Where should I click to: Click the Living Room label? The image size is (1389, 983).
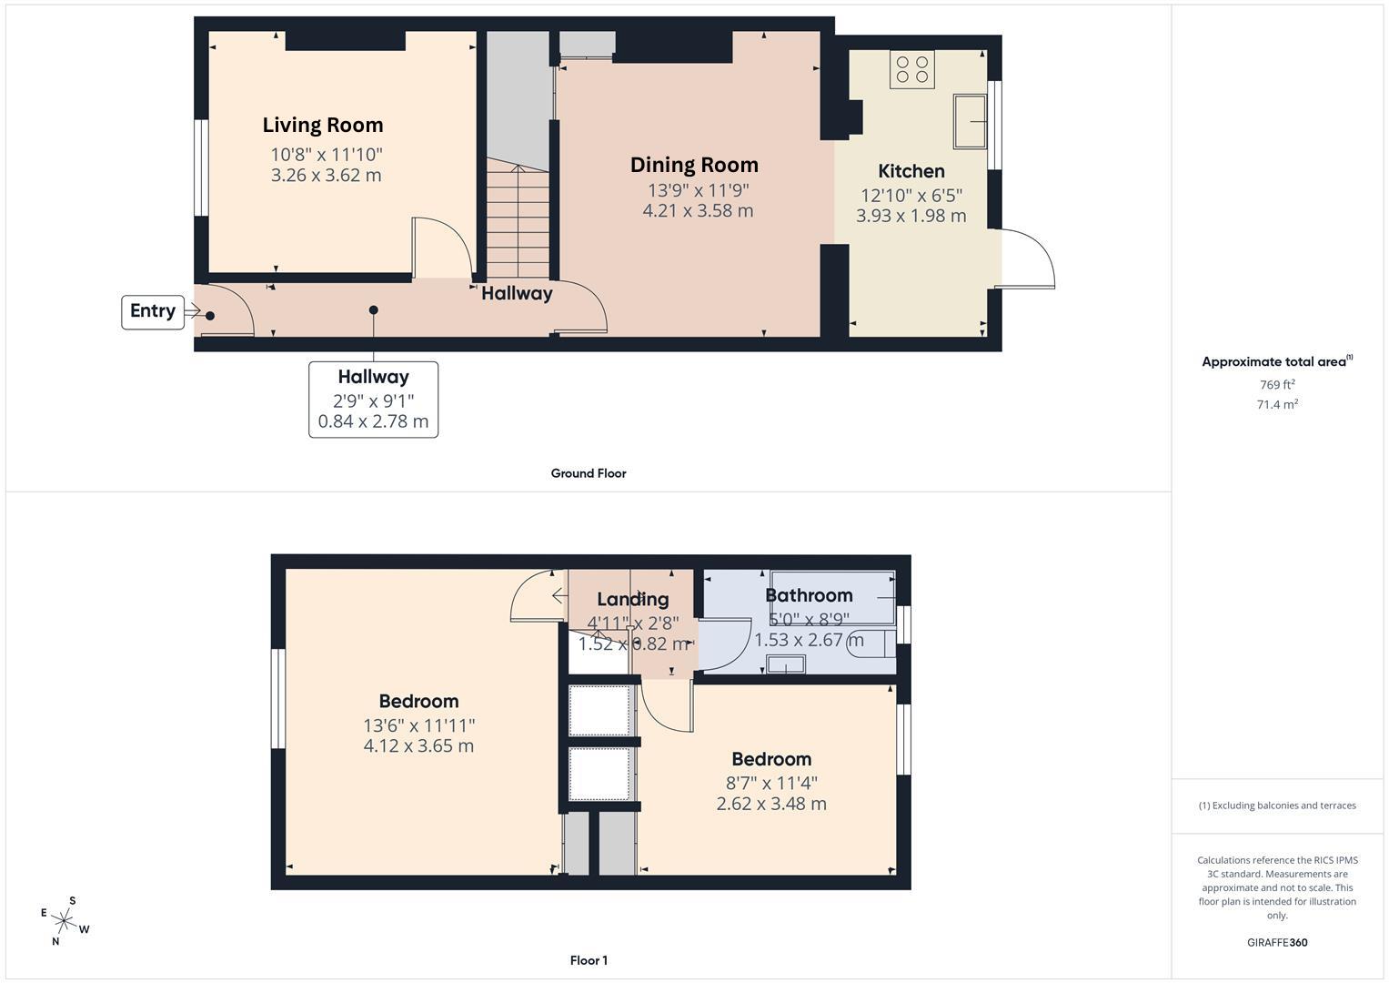[x=323, y=126]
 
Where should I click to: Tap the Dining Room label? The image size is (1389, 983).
[x=694, y=165]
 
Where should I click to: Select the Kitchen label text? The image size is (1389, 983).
[x=911, y=171]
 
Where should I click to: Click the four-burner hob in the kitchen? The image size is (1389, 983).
[x=912, y=69]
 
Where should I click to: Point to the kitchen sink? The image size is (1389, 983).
[x=970, y=120]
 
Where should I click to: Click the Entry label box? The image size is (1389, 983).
[x=153, y=311]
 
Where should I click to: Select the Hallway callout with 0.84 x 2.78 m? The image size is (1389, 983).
[x=373, y=400]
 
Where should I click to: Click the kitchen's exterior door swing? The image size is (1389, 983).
[x=1027, y=258]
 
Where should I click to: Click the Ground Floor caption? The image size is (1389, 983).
[x=589, y=473]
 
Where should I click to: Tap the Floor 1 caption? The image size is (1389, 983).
[x=589, y=960]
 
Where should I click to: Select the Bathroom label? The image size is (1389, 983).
[x=809, y=595]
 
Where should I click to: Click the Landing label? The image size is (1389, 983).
[x=633, y=599]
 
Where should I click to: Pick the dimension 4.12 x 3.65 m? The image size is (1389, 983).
[x=418, y=746]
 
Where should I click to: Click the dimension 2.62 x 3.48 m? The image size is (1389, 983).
[x=771, y=804]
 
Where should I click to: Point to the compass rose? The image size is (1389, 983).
[x=65, y=921]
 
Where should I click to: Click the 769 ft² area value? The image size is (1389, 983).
[x=1277, y=385]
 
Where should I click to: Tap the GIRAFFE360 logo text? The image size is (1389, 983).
[x=1277, y=943]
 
